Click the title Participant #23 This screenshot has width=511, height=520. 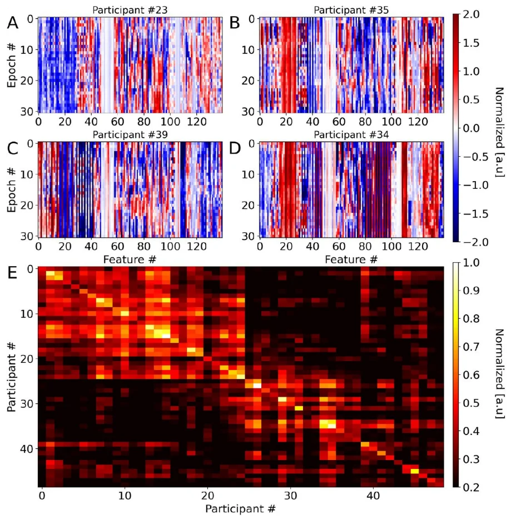(x=130, y=9)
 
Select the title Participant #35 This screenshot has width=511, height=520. (x=351, y=9)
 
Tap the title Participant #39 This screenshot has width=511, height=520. (x=130, y=134)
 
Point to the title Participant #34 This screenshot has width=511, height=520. (x=351, y=134)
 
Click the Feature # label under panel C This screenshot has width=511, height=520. (x=130, y=259)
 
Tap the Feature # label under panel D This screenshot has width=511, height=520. (x=351, y=259)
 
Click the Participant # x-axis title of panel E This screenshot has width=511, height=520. (x=240, y=508)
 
